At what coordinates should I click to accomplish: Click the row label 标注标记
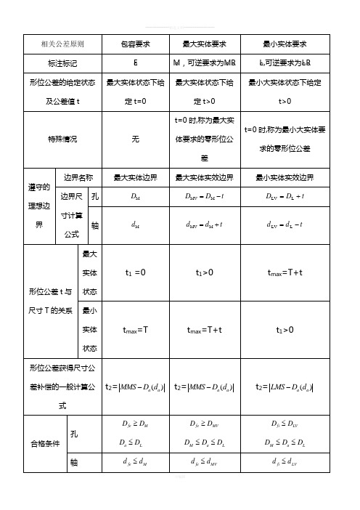62,63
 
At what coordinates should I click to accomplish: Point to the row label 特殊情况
62,138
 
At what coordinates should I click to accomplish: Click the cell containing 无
136,138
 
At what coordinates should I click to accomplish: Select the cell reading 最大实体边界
136,177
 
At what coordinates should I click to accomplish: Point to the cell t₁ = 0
136,272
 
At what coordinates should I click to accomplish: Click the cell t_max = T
136,331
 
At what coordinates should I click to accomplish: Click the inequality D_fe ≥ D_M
136,419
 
